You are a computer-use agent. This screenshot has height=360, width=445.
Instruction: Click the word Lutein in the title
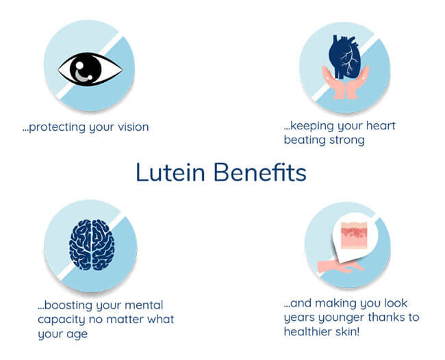click(x=170, y=172)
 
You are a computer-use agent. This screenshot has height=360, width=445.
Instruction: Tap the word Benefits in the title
click(x=260, y=172)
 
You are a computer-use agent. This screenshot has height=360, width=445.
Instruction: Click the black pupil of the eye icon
click(x=86, y=69)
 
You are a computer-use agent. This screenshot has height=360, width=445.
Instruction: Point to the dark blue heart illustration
click(x=344, y=57)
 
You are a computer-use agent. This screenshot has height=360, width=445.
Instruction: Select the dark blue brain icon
click(x=92, y=244)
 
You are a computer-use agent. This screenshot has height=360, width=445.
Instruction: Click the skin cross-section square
click(x=354, y=235)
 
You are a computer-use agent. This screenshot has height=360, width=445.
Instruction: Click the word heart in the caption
click(x=381, y=125)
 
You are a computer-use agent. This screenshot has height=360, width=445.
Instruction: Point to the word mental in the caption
click(x=144, y=305)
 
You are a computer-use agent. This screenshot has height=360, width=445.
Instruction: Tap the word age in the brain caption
click(x=77, y=335)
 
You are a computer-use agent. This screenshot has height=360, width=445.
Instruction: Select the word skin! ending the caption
click(x=348, y=331)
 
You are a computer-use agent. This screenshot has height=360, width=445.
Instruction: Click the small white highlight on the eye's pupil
click(x=79, y=65)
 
